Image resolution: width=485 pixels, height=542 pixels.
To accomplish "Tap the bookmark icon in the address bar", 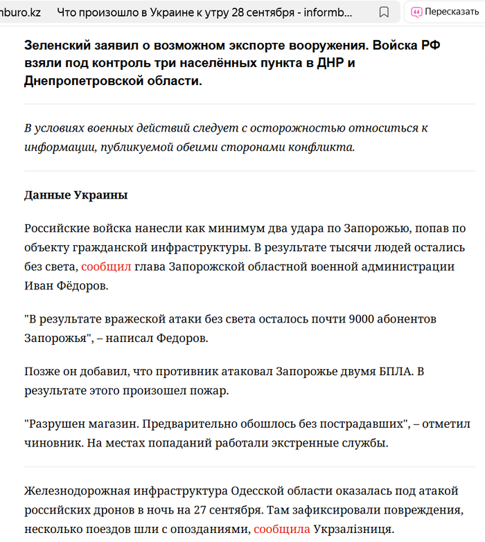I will tap(384, 12).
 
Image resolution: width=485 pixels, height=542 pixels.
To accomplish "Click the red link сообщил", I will tap(106, 266).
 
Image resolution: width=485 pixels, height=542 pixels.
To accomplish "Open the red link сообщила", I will tap(281, 529).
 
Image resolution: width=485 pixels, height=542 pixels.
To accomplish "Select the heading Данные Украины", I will tap(76, 195).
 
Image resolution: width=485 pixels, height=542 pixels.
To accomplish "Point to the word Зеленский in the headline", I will tap(57, 45).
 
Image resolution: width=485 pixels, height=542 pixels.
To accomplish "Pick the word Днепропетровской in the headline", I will tap(82, 81).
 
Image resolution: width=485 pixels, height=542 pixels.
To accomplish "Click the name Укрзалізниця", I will tap(353, 529).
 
